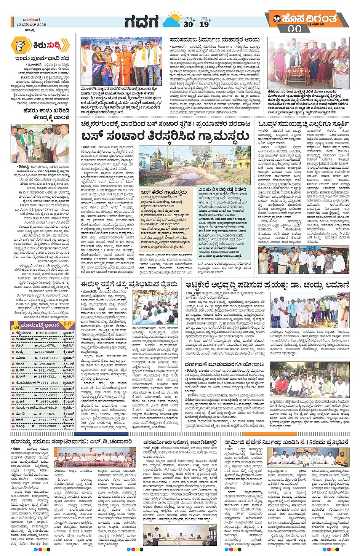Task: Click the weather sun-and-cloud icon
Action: pyautogui.click(x=172, y=20)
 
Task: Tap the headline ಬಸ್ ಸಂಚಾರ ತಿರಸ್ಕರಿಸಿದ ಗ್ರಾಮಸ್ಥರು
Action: pyautogui.click(x=165, y=136)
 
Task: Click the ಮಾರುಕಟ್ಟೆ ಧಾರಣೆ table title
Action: pyautogui.click(x=40, y=325)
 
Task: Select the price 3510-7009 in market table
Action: pyautogui.click(x=48, y=333)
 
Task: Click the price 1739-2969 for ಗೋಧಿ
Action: pyautogui.click(x=48, y=426)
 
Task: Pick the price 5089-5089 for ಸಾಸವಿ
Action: pyautogui.click(x=48, y=389)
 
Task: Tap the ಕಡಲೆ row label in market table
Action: pyautogui.click(x=19, y=345)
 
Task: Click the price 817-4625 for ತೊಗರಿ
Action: pyautogui.click(x=48, y=414)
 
